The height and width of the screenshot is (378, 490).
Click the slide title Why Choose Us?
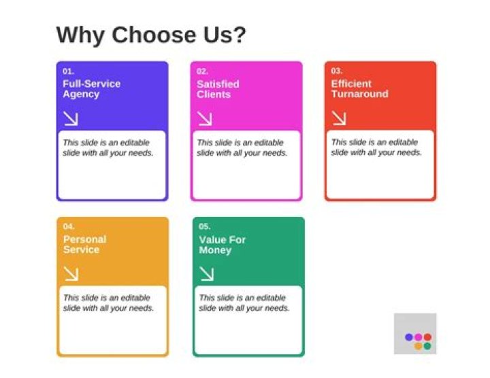tap(150, 35)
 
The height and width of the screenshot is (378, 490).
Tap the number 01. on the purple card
tap(68, 71)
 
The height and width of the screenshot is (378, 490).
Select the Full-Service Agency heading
tap(91, 89)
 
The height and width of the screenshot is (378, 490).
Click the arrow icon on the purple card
tap(71, 119)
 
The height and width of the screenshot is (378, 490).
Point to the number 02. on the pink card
tap(203, 71)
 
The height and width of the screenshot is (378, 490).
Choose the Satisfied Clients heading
tap(218, 89)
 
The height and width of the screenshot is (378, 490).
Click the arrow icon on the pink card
tap(205, 119)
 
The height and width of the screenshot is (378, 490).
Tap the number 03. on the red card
tap(337, 71)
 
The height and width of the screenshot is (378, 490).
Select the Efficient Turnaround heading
tap(359, 89)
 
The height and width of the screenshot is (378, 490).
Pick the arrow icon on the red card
tap(339, 118)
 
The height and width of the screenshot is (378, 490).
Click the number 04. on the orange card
tap(69, 226)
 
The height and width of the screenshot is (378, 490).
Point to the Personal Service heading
tap(84, 245)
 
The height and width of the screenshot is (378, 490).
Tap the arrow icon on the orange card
tap(71, 274)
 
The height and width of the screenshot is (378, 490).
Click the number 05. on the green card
tap(205, 226)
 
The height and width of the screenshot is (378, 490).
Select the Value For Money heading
tap(222, 245)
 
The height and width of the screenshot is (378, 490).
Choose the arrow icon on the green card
tap(207, 274)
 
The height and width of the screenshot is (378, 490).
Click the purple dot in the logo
tap(409, 337)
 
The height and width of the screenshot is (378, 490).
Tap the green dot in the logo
tap(427, 346)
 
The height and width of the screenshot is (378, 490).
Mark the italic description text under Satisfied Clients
tap(242, 148)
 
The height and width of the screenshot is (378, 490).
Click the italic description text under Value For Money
tap(244, 303)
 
